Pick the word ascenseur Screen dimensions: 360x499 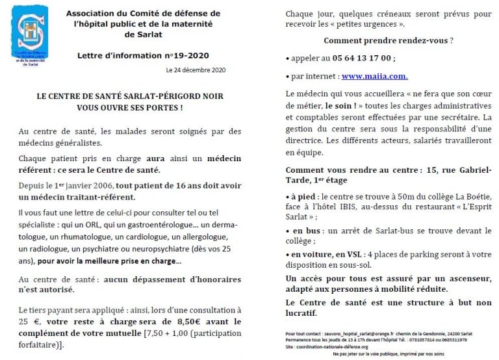467,277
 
